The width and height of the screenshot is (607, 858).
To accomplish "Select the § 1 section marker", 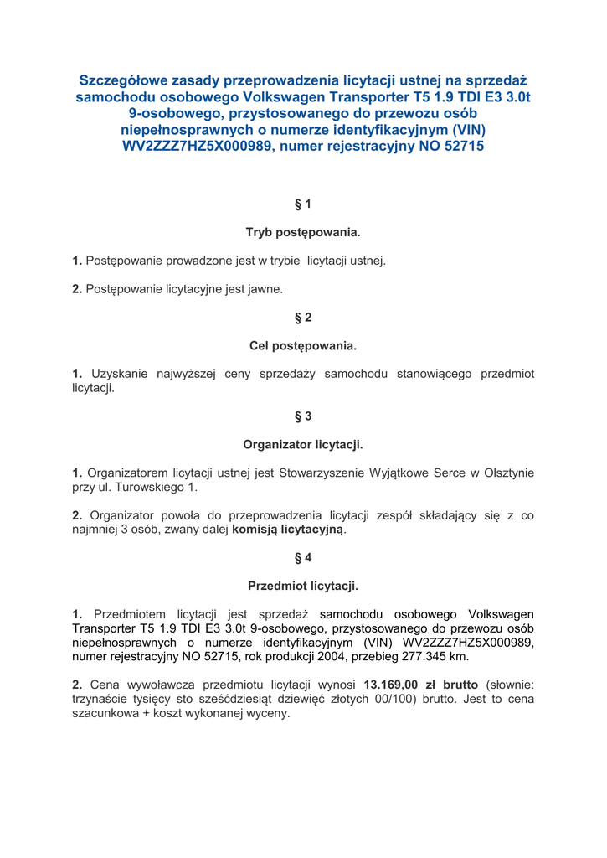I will pos(303,204).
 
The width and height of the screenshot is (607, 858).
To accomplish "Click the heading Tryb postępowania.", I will pos(303,231).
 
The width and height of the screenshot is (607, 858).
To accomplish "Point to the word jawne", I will pos(263,289).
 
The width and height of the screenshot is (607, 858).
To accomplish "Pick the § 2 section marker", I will pos(303,318).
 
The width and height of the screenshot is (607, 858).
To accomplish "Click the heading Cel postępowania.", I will pos(303,345).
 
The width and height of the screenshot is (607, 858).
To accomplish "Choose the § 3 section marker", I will pos(303,416).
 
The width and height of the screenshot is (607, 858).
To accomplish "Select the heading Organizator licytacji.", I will pos(303,444).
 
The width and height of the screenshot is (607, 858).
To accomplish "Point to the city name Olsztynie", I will pos(502,473).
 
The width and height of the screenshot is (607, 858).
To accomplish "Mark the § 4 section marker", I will pos(303,558).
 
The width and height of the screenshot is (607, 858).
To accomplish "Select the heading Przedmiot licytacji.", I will pos(303,586).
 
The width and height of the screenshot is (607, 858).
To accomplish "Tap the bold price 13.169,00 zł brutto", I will pos(421,685).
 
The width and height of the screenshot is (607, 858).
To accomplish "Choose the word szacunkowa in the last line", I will pos(105,713).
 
